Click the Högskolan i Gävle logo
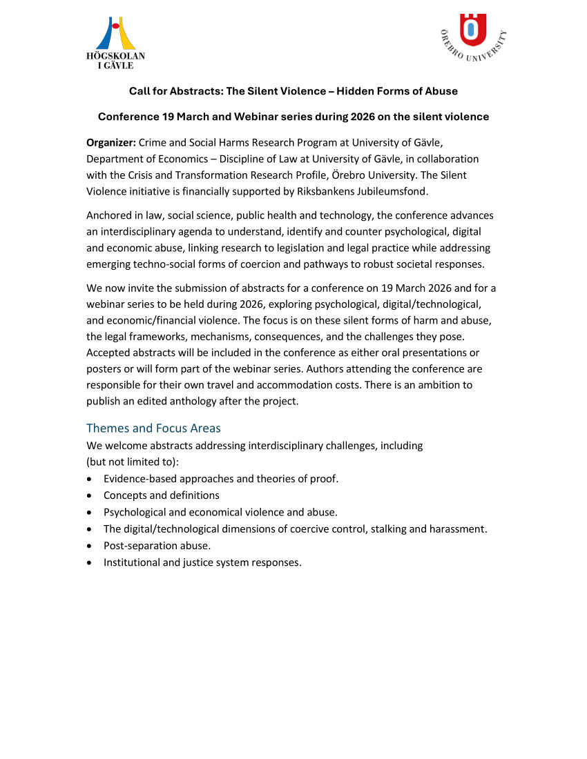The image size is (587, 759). (x=115, y=42)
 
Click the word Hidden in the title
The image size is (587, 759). (x=356, y=91)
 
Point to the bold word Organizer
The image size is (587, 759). (x=110, y=143)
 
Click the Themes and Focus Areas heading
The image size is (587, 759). (x=153, y=428)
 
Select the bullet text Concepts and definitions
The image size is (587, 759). (x=161, y=495)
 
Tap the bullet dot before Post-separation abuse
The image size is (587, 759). (x=90, y=546)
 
